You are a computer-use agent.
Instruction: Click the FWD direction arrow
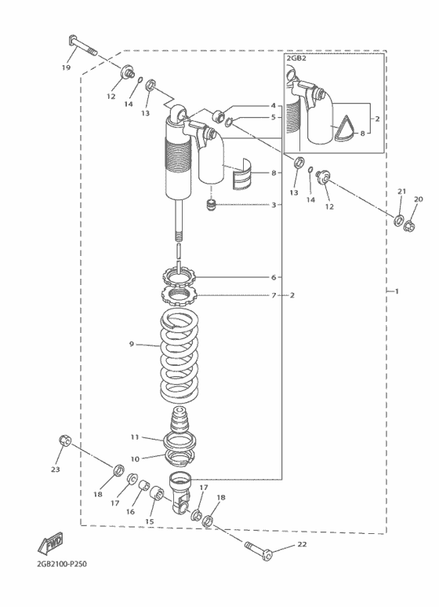pyautogui.click(x=50, y=543)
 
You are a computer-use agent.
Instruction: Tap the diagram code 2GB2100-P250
pyautogui.click(x=62, y=564)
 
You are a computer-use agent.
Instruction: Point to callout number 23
pyautogui.click(x=55, y=469)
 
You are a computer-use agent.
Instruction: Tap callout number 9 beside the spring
pyautogui.click(x=132, y=344)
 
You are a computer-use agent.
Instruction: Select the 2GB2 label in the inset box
pyautogui.click(x=296, y=58)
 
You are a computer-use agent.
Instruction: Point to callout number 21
pyautogui.click(x=402, y=192)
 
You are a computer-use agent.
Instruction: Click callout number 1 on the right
pyautogui.click(x=397, y=291)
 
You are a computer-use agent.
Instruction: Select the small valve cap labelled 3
pyautogui.click(x=211, y=205)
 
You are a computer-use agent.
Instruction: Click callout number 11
pyautogui.click(x=135, y=437)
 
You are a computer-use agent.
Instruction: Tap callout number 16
pyautogui.click(x=131, y=512)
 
